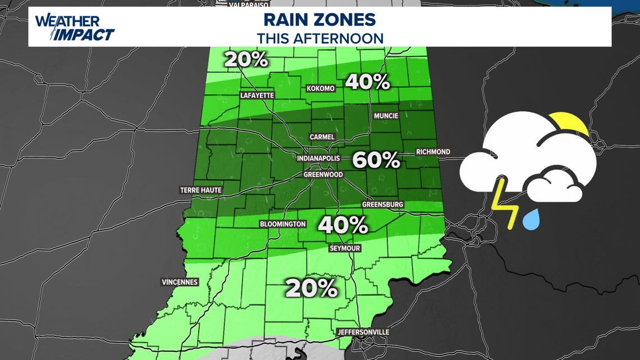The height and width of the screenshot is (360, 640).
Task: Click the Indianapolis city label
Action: point(318,158)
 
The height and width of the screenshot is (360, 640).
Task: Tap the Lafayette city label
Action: point(257,95)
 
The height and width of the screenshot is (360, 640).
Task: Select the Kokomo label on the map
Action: point(321,89)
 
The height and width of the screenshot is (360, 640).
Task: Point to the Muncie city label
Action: point(386,116)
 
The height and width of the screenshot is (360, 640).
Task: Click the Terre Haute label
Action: point(200,190)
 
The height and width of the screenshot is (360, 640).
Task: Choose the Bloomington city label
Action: point(283,224)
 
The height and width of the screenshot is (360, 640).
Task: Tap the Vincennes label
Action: point(180,282)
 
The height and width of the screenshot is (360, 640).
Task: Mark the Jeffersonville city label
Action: point(363,332)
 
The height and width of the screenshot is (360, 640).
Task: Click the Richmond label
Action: point(433,152)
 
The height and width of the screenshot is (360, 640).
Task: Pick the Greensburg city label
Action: point(382,204)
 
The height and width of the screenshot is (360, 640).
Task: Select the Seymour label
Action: point(345,248)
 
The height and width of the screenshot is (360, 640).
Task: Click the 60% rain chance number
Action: point(376,161)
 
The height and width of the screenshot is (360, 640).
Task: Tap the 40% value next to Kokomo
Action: point(367,82)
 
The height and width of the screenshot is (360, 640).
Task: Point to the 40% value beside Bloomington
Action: point(343,226)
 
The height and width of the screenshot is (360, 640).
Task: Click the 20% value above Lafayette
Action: point(246,60)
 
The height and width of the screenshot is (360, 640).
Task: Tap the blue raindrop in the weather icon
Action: point(531,219)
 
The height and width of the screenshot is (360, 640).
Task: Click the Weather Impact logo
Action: point(75,28)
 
